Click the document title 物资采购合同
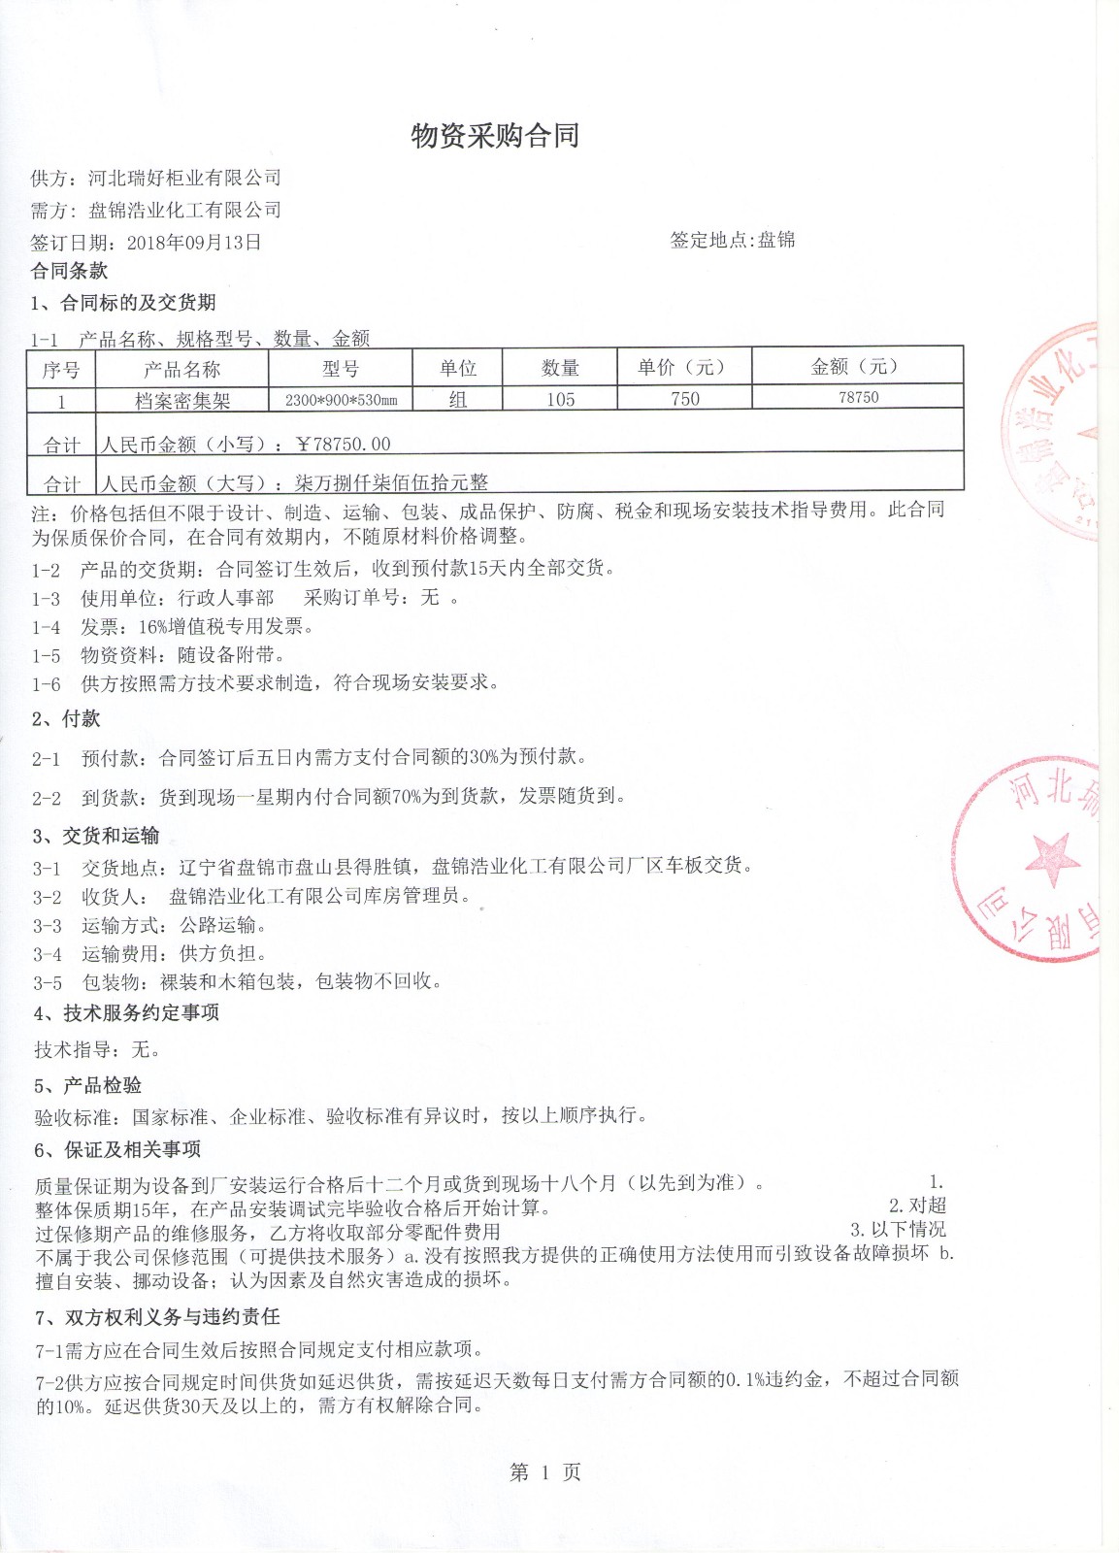coord(495,136)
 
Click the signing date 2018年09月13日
coord(194,243)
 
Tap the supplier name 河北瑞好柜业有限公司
coord(184,178)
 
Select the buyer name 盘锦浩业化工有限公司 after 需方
coord(184,210)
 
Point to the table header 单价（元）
coord(683,367)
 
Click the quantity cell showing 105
coord(560,399)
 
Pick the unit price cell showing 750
coord(684,399)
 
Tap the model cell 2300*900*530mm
coord(341,400)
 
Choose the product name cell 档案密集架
coord(181,400)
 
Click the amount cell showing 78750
coord(858,397)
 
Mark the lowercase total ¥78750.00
coord(344,444)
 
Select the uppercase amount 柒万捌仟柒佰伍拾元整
coord(392,482)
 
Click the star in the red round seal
coord(1052,859)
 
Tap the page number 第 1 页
coord(544,1472)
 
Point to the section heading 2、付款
coord(66,718)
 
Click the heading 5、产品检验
coord(87,1085)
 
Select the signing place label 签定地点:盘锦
coord(733,240)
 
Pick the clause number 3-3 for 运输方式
coord(47,926)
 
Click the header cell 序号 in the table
coord(60,370)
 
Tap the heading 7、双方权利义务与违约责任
coord(157,1316)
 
